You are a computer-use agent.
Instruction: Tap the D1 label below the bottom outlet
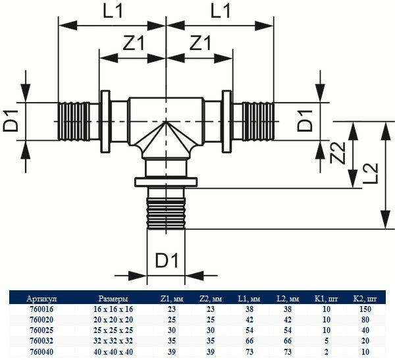[x=167, y=261]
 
